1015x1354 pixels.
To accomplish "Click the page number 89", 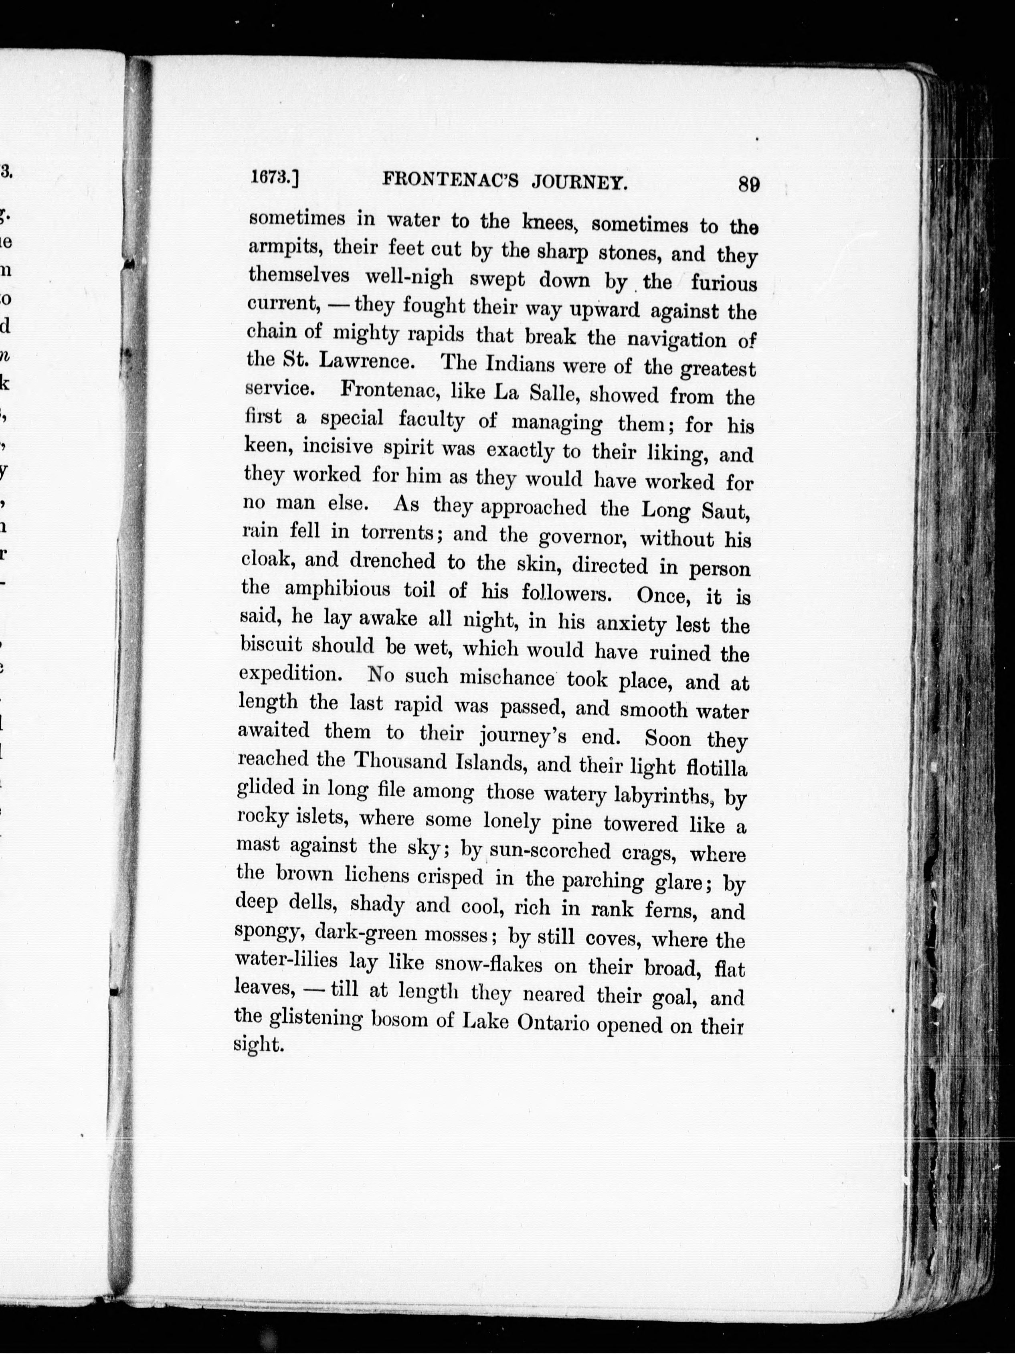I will (748, 184).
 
